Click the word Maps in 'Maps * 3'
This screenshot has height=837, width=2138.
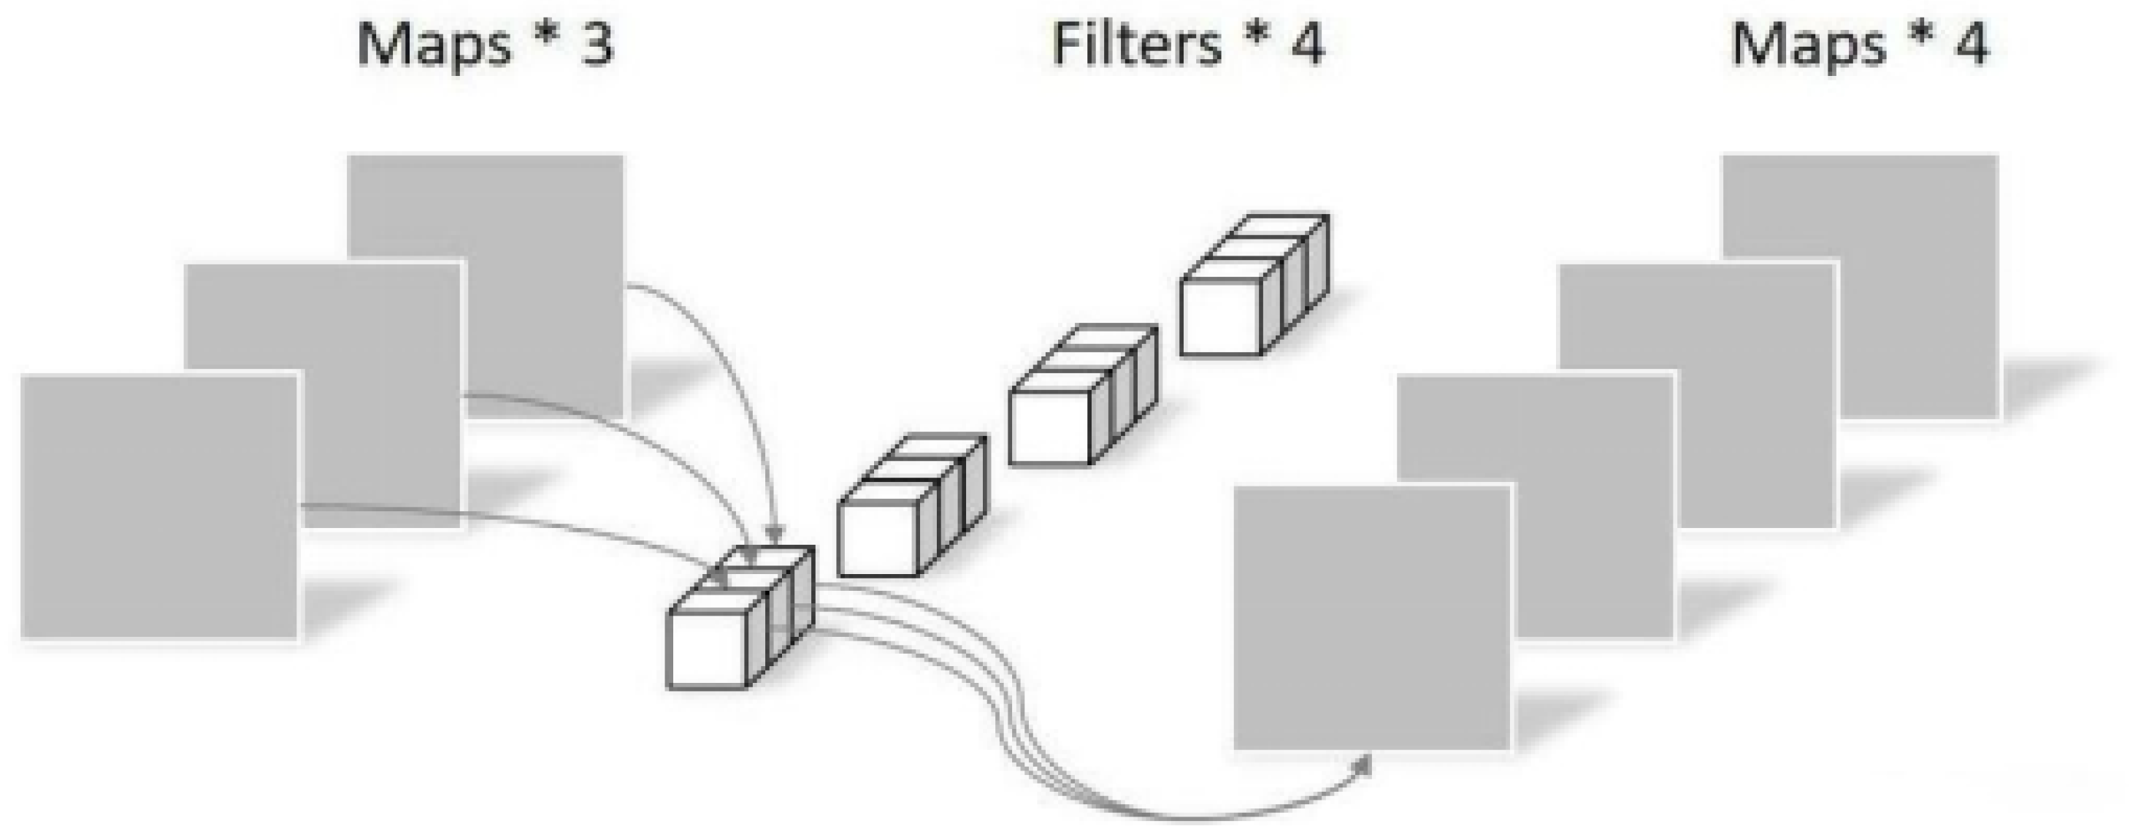[x=433, y=46]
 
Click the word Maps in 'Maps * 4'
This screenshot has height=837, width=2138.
[x=1808, y=46]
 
